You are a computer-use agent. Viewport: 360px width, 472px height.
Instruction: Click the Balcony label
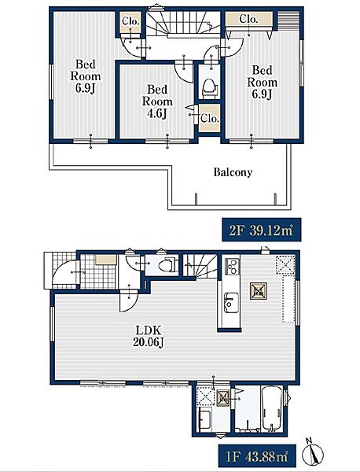(233, 172)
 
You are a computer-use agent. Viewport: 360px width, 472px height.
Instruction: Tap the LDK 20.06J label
(149, 336)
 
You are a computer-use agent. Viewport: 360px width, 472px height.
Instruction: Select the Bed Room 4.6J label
(157, 101)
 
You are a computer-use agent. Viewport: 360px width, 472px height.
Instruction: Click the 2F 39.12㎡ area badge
(262, 230)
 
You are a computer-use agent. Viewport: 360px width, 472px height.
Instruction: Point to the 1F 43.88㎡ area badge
(257, 457)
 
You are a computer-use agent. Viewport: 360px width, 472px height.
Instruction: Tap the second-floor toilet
(210, 88)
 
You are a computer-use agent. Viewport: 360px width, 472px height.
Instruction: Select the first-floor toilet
(167, 265)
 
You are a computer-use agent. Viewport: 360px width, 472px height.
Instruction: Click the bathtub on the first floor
(272, 410)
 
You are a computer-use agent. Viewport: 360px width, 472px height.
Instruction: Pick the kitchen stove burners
(232, 267)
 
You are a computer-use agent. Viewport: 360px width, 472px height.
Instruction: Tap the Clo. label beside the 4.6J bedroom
(210, 118)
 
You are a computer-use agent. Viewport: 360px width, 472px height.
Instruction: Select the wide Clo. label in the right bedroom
(248, 19)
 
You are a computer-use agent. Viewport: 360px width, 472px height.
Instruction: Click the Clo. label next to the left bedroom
(130, 21)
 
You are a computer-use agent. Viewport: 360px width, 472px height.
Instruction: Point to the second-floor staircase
(183, 23)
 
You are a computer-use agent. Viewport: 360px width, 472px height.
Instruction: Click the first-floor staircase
(200, 266)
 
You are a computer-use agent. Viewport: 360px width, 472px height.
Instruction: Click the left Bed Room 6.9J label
(86, 76)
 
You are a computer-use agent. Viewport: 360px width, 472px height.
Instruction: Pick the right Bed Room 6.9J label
(262, 82)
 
